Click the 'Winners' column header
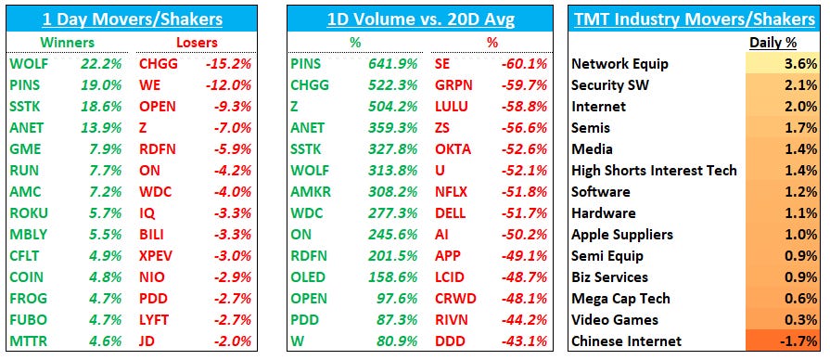[x=68, y=43]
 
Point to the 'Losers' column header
[x=197, y=43]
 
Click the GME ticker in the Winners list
[x=26, y=149]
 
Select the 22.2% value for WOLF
[x=101, y=64]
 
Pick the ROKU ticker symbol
[x=29, y=213]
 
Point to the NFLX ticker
[x=453, y=192]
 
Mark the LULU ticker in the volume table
[x=452, y=107]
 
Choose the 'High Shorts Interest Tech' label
[x=654, y=171]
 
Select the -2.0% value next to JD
[x=234, y=341]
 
